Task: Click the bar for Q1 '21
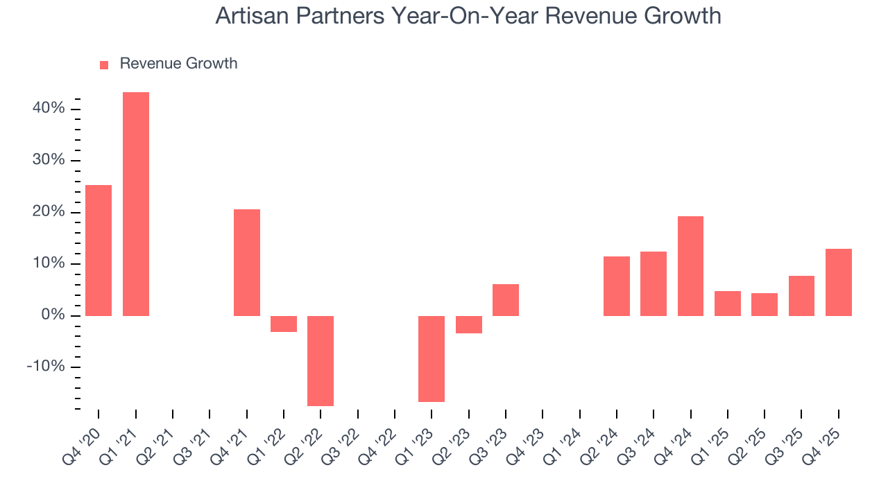coord(136,204)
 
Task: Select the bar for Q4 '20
coord(99,250)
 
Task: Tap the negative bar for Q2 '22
coord(321,360)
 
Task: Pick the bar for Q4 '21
coord(247,262)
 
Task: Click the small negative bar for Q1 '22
coord(284,324)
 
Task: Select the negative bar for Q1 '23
coord(432,358)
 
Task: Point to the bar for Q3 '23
coord(506,300)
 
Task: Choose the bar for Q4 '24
coord(690,266)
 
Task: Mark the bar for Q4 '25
coord(838,282)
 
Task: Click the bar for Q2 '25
coord(765,304)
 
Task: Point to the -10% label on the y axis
coord(46,367)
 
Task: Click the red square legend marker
coord(104,64)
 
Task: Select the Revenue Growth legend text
coord(178,64)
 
